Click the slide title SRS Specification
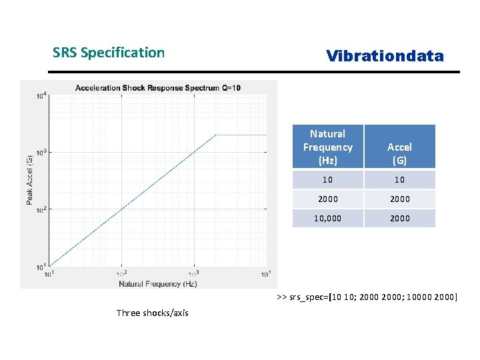coord(109,53)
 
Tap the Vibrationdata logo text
coord(385,56)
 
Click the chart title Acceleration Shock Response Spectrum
coord(158,88)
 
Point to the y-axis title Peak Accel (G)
coord(30,180)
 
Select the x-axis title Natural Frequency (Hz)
coord(158,284)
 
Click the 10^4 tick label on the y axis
coord(41,95)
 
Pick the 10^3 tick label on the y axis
coord(41,153)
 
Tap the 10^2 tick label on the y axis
coord(41,210)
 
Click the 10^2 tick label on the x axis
coord(121,273)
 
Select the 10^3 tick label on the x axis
coord(194,273)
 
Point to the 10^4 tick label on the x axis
coord(265,273)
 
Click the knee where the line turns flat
coord(215,135)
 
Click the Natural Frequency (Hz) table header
coord(327,147)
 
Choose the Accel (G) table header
coord(399,153)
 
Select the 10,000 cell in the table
coord(327,218)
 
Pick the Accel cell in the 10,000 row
coord(399,218)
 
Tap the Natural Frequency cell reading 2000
coord(327,199)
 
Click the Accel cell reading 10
coord(399,179)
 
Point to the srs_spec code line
coord(367,297)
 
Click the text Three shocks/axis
coord(152,313)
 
